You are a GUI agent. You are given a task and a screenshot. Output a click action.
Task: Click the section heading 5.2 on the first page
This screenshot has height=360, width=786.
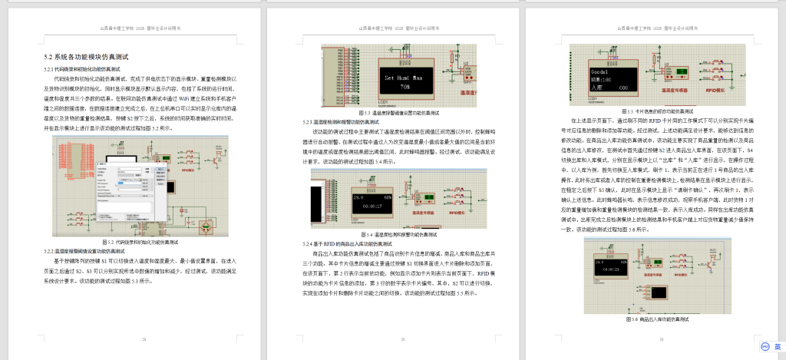pyautogui.click(x=91, y=57)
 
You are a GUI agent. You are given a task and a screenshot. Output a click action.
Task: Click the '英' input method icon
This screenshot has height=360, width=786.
pyautogui.click(x=777, y=347)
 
